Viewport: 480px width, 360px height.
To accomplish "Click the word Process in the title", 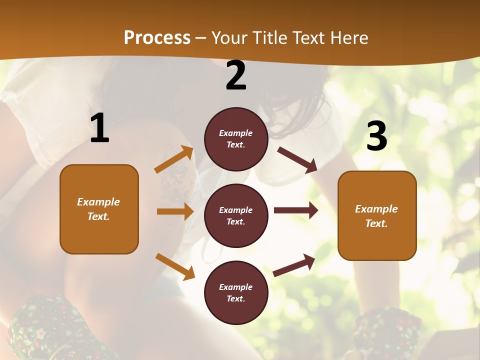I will (157, 38).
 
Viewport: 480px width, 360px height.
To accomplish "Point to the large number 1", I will (99, 128).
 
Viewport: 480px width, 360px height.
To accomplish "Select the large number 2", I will (236, 75).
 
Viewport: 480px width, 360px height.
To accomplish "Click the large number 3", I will (376, 136).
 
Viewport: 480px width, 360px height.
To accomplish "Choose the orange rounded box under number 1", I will (99, 209).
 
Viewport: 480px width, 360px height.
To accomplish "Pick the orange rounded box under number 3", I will (377, 216).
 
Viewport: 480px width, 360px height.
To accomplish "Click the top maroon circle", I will (236, 139).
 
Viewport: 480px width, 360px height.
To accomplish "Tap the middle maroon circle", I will (236, 215).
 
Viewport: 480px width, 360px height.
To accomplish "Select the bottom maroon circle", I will (236, 292).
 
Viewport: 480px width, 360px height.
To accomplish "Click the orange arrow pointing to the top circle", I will (174, 160).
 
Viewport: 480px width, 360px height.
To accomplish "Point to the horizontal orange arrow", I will (175, 211).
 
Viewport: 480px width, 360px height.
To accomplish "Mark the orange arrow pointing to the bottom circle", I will (175, 266).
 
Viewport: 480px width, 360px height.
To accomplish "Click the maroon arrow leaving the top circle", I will (297, 159).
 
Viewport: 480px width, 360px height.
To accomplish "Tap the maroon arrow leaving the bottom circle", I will (294, 265).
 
